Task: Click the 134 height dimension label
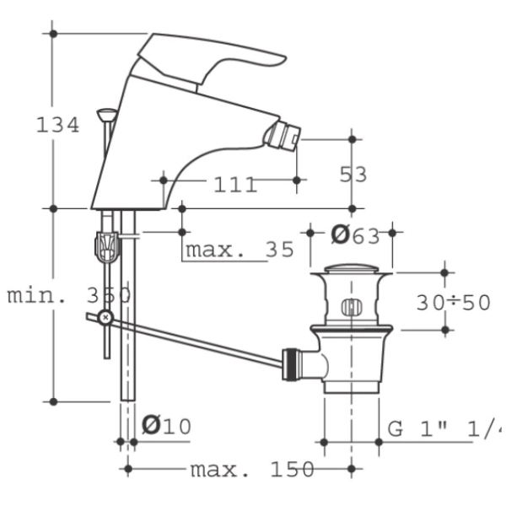coord(57,125)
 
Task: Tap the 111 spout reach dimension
coord(235,185)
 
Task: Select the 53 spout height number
coord(353,175)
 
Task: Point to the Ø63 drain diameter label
coord(355,235)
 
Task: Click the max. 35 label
coord(240,250)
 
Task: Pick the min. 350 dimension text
coord(69,295)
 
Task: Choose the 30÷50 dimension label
coord(454,303)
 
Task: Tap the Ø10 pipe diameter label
coord(166,425)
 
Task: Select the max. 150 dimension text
coord(252,469)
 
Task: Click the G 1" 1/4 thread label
coord(444,429)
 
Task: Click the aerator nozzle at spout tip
coord(283,136)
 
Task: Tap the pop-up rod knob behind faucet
coord(107,114)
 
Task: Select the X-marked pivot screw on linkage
coord(105,318)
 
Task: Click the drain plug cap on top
coord(352,268)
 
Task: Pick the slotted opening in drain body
coord(352,307)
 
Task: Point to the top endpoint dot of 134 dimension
coord(54,34)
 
